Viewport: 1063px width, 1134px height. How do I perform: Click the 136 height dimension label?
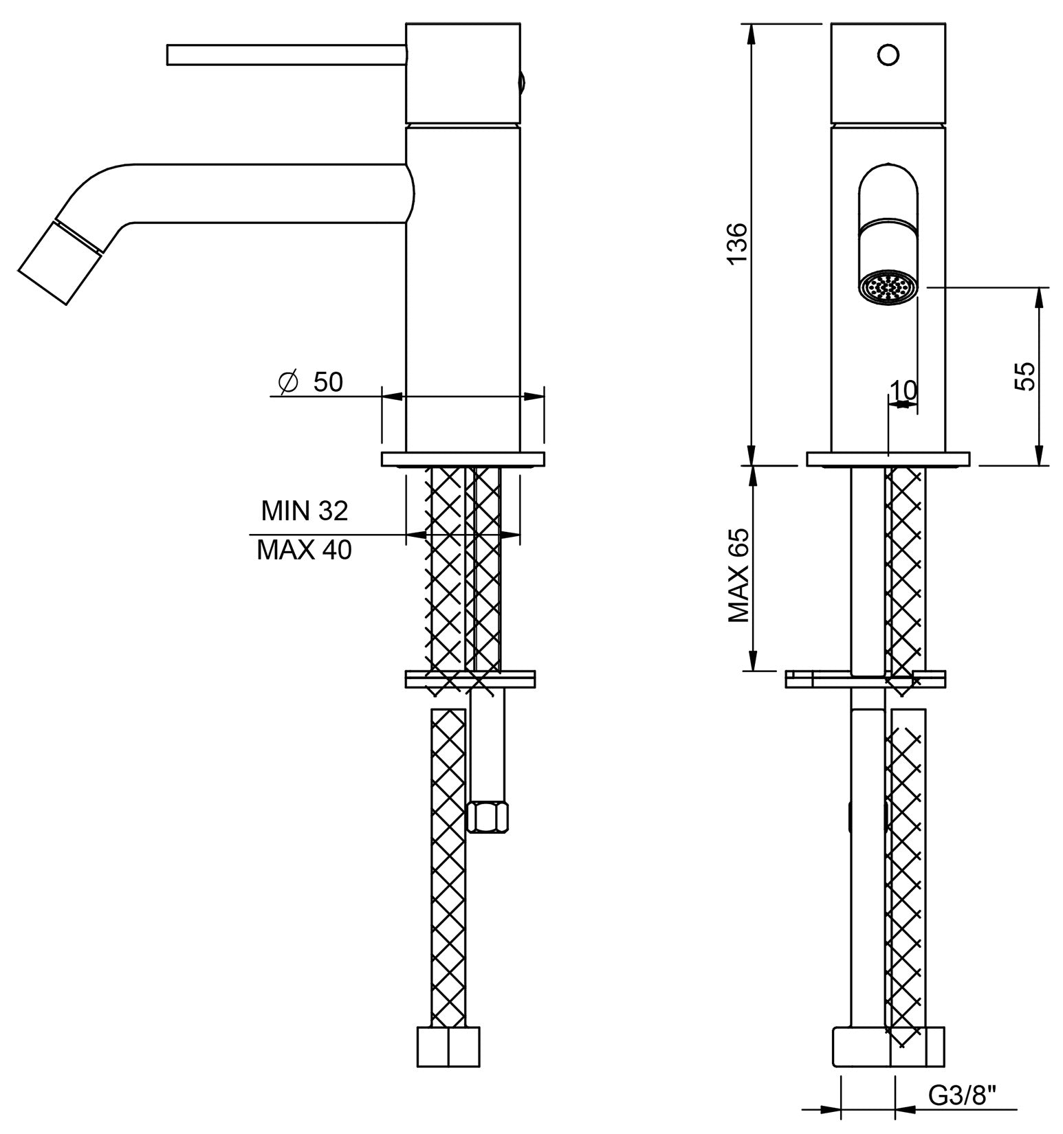click(736, 242)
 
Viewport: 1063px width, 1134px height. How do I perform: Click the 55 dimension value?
click(1024, 376)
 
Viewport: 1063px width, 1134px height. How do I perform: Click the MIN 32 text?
click(305, 511)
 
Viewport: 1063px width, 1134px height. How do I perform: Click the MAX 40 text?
click(305, 550)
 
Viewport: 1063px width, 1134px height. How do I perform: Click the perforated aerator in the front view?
click(888, 288)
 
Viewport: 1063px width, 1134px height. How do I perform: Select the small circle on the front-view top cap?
click(888, 54)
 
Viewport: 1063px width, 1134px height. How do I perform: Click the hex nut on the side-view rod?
click(487, 816)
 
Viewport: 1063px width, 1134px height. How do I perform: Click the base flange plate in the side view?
click(462, 459)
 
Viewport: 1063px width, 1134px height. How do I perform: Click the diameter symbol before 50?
click(288, 382)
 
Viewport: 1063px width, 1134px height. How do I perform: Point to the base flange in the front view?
click(888, 459)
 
